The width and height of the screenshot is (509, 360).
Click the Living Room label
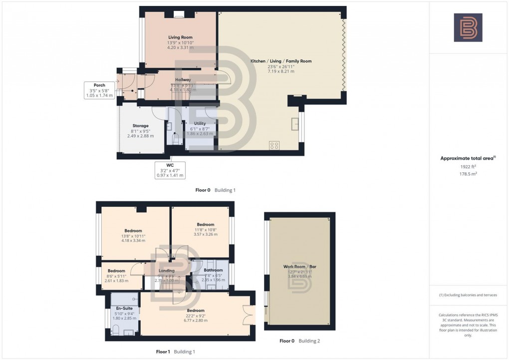[180, 37]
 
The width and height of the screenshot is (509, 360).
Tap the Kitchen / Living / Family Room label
[281, 61]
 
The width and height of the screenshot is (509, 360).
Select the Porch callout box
[99, 90]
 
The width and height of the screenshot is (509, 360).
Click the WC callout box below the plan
[169, 170]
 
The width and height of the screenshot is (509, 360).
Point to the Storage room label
[140, 126]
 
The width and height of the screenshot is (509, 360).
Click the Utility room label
[200, 123]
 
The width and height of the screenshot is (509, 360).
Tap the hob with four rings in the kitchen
[274, 145]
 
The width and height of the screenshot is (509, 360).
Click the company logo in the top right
[468, 27]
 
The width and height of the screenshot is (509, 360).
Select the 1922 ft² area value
[468, 167]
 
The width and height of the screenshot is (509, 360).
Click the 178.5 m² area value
[468, 174]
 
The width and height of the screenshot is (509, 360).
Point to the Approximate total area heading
[468, 158]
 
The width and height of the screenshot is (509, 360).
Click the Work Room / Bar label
[300, 267]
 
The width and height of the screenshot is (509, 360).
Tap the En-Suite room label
[124, 309]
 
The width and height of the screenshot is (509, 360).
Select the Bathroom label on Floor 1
[213, 270]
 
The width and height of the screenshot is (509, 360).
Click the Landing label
[166, 271]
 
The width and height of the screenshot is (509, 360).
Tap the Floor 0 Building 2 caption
[299, 341]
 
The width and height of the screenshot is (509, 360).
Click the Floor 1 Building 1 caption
[175, 352]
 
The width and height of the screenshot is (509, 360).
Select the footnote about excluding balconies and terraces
[468, 295]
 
